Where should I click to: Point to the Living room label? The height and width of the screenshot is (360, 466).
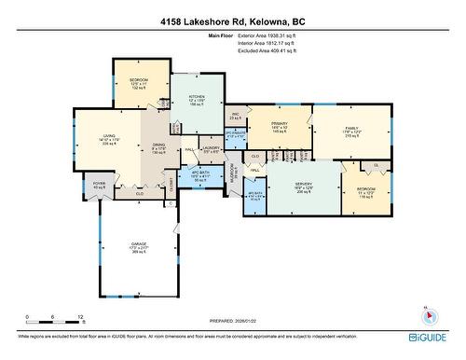coord(108,139)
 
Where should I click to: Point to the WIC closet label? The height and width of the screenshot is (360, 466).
coord(236,116)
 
